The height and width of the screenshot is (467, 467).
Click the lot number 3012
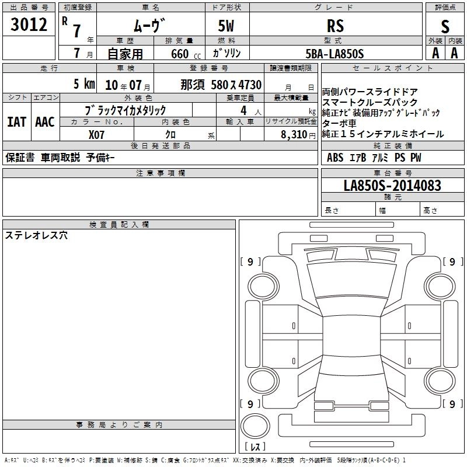tap(29, 25)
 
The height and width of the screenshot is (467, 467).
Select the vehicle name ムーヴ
tap(149, 25)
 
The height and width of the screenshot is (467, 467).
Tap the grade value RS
tap(335, 26)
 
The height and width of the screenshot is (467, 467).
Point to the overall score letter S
tap(445, 26)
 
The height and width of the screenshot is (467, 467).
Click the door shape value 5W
tap(226, 26)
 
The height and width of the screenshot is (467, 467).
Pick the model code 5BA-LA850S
tap(334, 54)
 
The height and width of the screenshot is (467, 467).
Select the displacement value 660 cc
tap(186, 54)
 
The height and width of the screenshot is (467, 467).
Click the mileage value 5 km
tap(84, 83)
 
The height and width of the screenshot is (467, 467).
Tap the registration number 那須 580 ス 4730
tap(221, 85)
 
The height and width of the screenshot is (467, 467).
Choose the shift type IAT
tap(17, 122)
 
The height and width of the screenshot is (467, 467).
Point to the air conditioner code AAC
tap(45, 122)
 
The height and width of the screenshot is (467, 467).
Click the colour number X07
tap(96, 135)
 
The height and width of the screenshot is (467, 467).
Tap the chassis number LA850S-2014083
tap(392, 185)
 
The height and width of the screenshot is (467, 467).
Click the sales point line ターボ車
tap(339, 123)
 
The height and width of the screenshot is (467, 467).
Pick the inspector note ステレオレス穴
tap(36, 235)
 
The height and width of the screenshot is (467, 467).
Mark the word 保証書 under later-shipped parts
tap(20, 157)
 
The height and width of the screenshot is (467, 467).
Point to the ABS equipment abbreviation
tap(335, 158)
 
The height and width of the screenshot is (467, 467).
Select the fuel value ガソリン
tap(226, 53)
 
